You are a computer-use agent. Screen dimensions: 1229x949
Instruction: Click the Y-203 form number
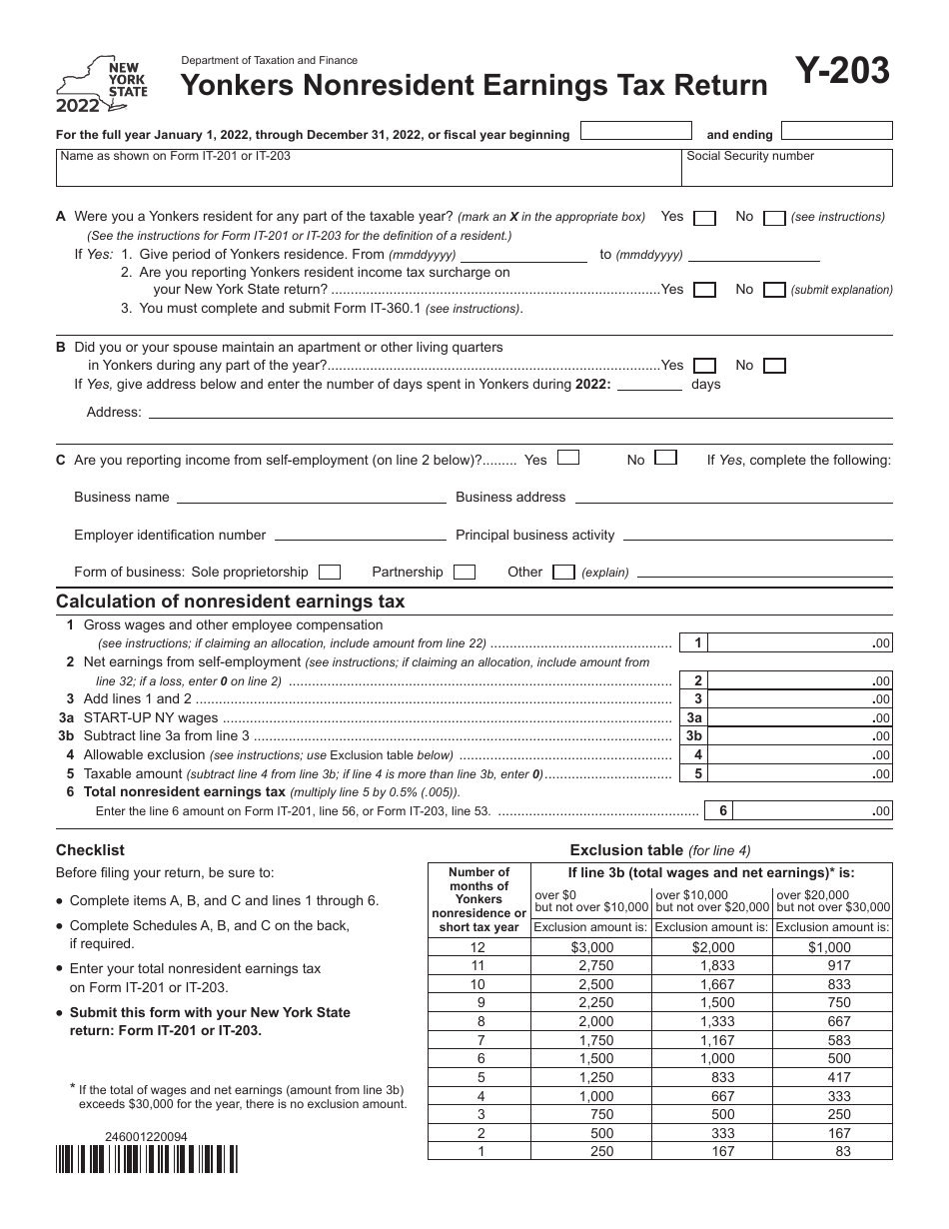pos(842,71)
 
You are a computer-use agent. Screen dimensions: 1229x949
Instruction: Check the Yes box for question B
pos(704,367)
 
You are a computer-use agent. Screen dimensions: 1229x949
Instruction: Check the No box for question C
pos(665,459)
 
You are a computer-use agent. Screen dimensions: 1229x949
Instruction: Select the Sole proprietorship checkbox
pos(330,573)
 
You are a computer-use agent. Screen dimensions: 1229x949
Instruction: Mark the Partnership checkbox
pos(464,573)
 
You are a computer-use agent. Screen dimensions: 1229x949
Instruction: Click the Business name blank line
pos(310,497)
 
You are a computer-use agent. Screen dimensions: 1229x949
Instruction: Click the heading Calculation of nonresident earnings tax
pos(231,602)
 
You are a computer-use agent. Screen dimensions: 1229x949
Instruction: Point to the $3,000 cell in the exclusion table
pos(590,947)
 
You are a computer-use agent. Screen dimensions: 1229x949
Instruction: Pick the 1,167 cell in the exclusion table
pos(712,1040)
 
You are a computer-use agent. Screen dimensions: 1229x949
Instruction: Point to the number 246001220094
pos(146,1137)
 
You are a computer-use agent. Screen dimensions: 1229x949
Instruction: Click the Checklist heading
pos(90,850)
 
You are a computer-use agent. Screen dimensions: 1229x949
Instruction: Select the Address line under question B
pos(517,411)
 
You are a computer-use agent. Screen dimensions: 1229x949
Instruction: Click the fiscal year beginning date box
pos(635,131)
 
